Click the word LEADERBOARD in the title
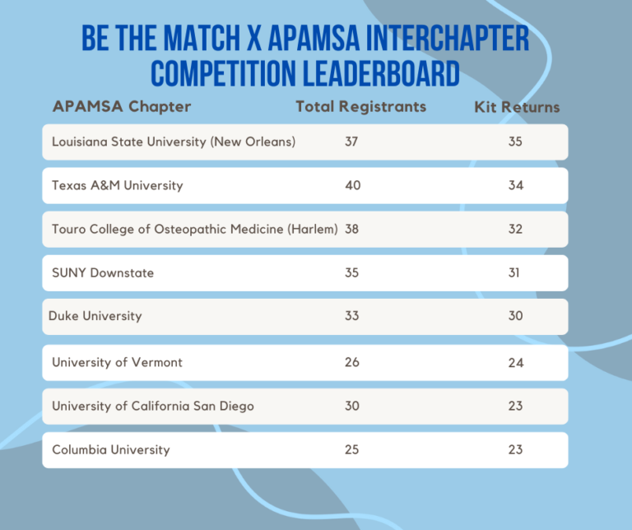[381, 73]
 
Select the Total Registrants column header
[360, 107]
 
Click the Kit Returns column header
[517, 107]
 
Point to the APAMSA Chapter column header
[122, 107]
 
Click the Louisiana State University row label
[174, 142]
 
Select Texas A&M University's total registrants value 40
[353, 185]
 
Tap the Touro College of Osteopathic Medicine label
[195, 229]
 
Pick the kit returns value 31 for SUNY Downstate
[513, 273]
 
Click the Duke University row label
[95, 316]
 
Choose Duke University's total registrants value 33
[352, 315]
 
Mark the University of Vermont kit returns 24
[516, 363]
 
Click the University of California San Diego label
[153, 406]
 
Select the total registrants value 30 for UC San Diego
[352, 406]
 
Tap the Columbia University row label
[111, 450]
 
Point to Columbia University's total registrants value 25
[352, 450]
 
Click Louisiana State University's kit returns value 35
[515, 142]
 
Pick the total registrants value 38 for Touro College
[352, 230]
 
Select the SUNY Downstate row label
[103, 273]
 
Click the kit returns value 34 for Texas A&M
[516, 185]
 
